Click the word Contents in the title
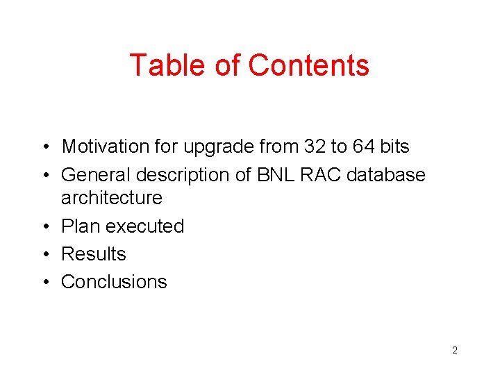[309, 65]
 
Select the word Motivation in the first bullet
[105, 147]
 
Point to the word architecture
[111, 198]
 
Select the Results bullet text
[94, 254]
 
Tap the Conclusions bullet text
[114, 282]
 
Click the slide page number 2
[454, 350]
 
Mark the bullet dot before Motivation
[44, 147]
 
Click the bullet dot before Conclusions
[44, 283]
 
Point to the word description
[182, 175]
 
